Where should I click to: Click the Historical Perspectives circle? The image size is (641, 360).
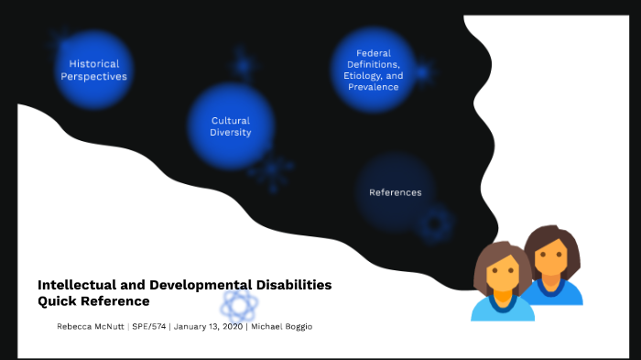coord(93,70)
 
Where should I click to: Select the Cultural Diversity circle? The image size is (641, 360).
coord(230,125)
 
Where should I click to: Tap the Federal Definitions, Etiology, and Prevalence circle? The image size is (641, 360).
coord(372,70)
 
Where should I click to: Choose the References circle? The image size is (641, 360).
coord(395,192)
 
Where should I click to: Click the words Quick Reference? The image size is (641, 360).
coord(93,300)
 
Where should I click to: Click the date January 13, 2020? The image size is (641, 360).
coord(208,327)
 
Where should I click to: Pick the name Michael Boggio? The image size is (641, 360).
coord(282,327)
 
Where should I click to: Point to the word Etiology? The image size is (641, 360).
coord(363,76)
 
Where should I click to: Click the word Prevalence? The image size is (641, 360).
coord(372,87)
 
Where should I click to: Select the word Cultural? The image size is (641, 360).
coord(230,120)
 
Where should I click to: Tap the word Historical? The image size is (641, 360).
coord(94,64)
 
